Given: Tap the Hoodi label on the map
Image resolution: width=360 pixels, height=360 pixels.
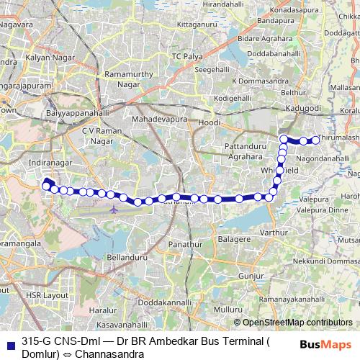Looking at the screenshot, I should coord(210,123).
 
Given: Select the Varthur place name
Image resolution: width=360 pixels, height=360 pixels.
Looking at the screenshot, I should coord(273,233).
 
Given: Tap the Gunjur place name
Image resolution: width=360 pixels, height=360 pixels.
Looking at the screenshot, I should coord(252,276).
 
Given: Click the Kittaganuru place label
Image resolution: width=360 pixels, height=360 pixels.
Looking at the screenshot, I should coord(196,24).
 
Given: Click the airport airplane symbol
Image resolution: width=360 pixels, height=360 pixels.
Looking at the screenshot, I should coord(115,209).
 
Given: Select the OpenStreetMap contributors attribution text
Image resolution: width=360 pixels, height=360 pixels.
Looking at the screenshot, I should coord(297,323).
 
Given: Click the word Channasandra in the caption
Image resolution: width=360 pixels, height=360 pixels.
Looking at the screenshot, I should coord(113,354).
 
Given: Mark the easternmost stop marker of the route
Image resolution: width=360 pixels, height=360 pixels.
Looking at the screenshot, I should coord(315,140).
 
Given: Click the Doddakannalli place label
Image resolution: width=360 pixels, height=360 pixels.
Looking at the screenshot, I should coord(165,303).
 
